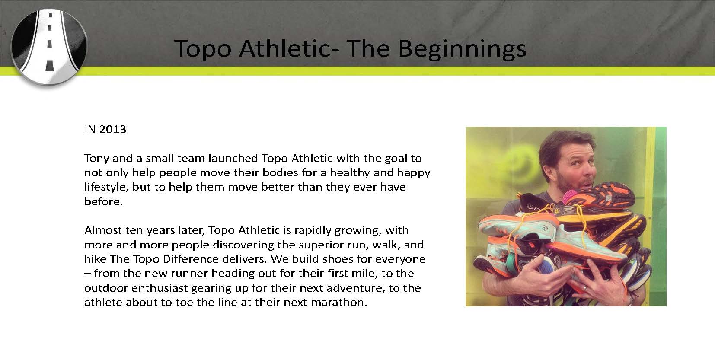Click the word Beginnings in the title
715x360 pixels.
[x=462, y=49]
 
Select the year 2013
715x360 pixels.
[x=113, y=129]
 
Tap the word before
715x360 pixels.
[x=103, y=201]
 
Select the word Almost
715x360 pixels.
[x=103, y=230]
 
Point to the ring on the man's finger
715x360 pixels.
[x=584, y=288]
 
